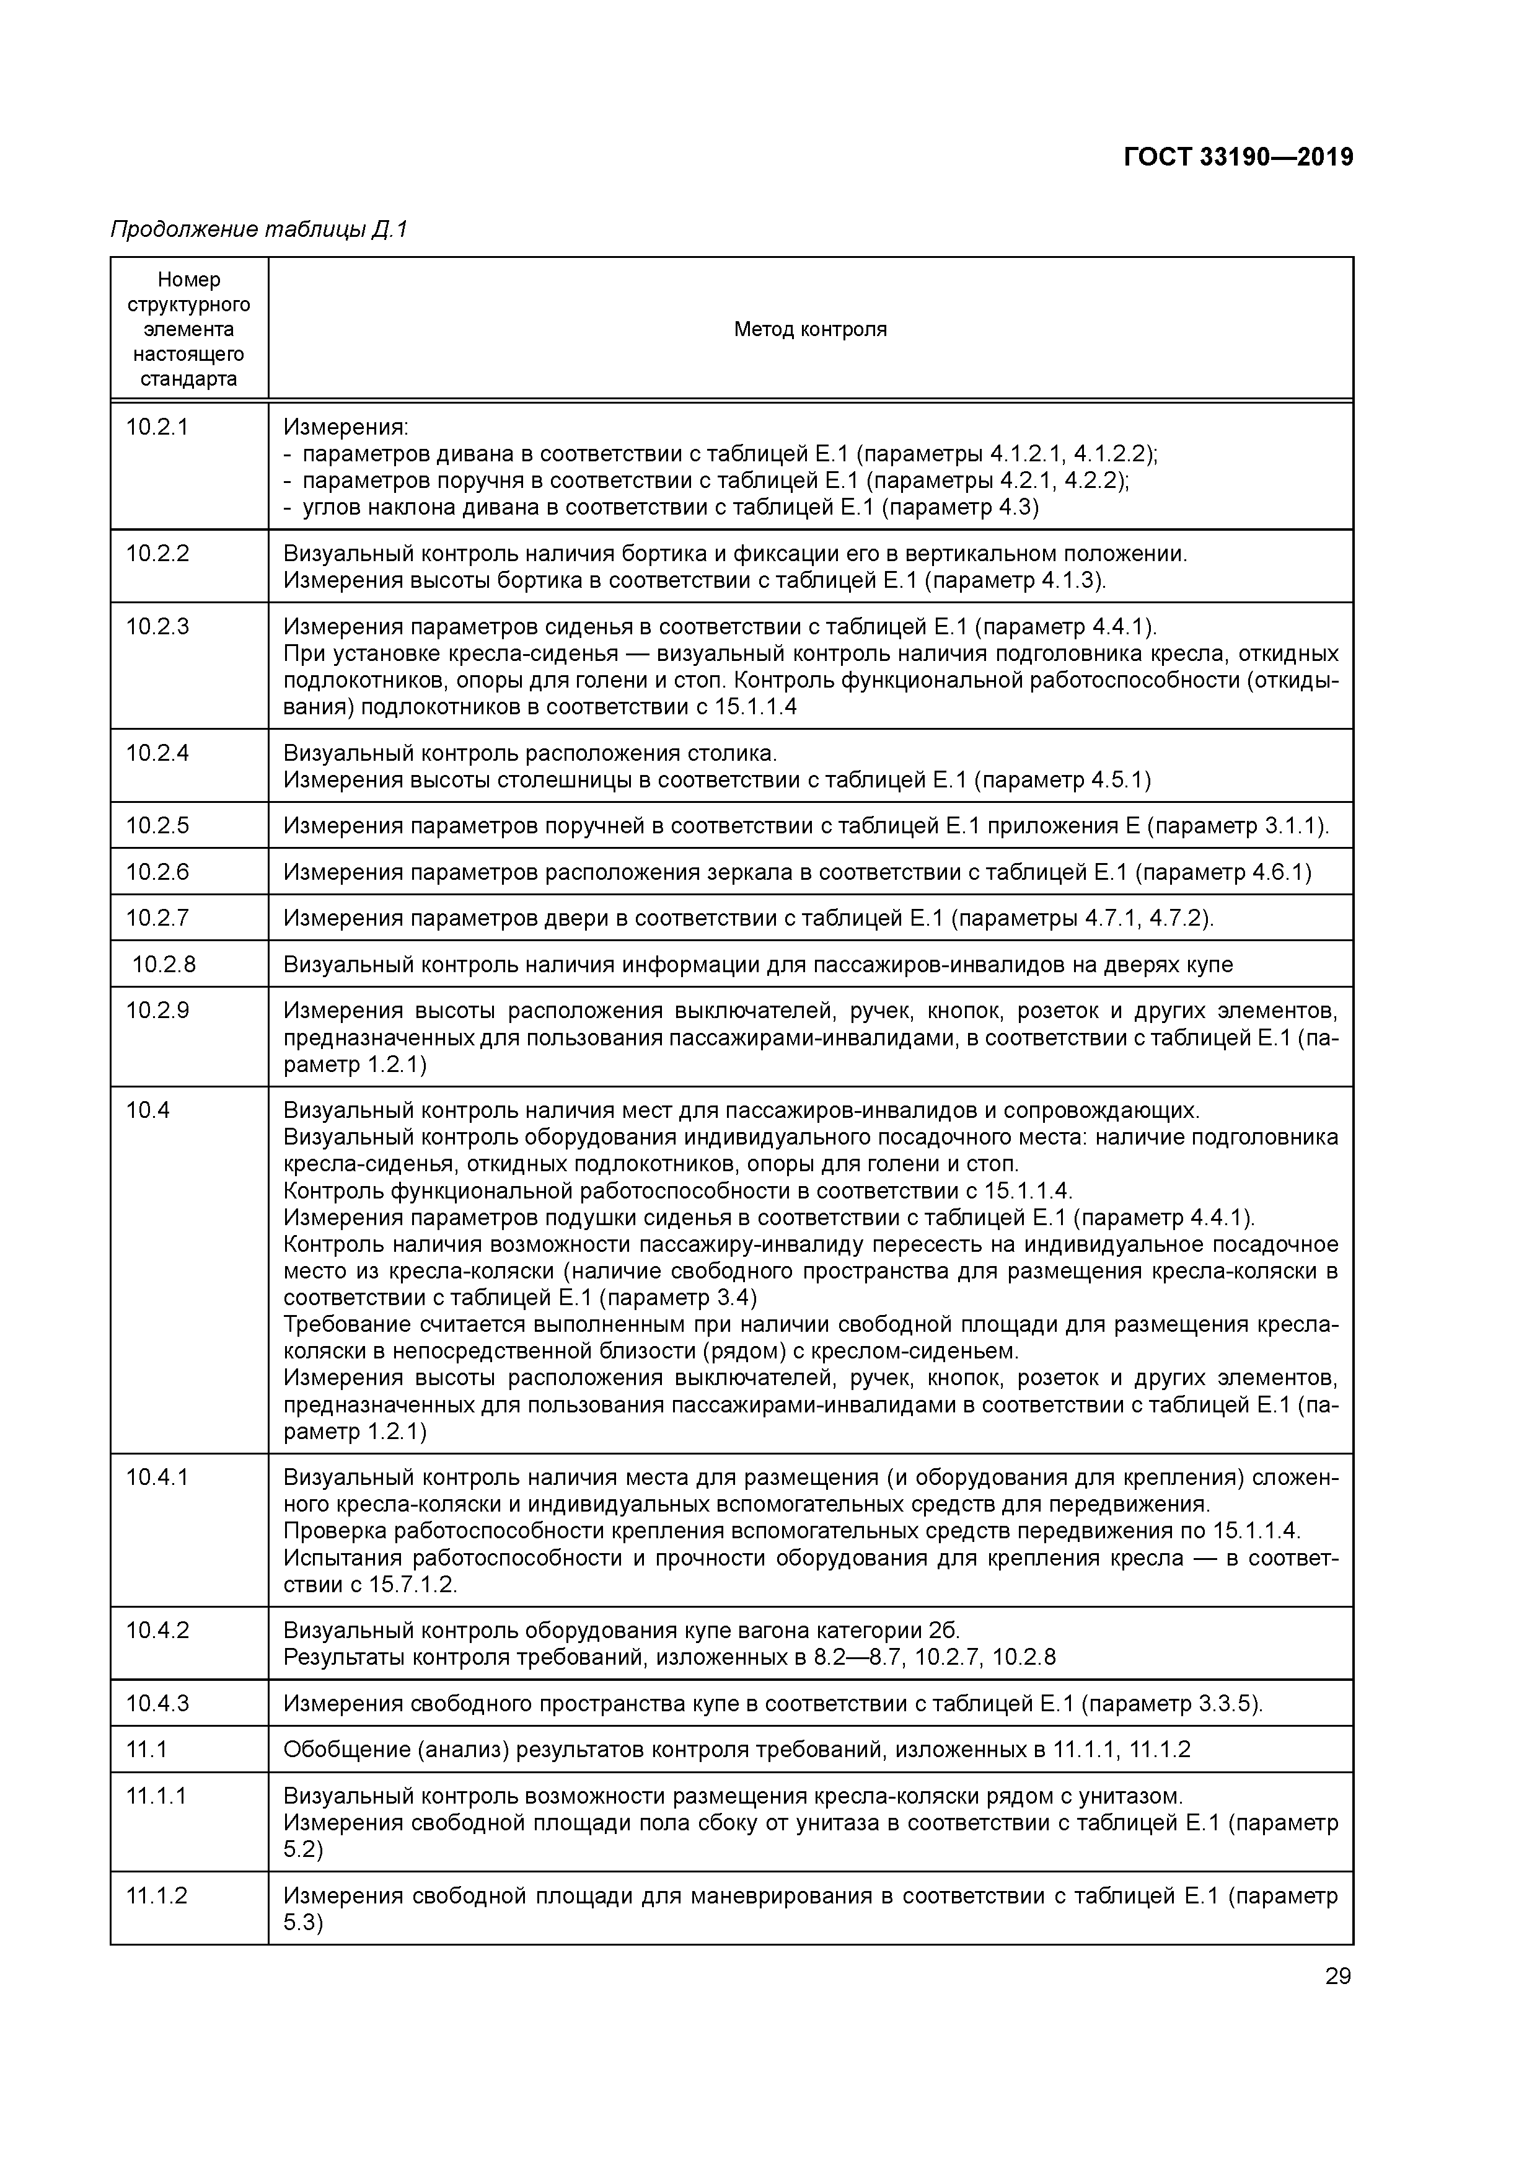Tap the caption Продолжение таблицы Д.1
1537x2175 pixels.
258,229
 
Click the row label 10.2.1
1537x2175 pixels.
157,427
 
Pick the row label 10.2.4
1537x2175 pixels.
157,753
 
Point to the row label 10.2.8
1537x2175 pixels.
164,964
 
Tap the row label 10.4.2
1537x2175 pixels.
157,1630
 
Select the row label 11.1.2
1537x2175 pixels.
157,1895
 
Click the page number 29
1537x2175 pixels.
1337,1976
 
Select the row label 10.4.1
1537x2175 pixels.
157,1477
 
